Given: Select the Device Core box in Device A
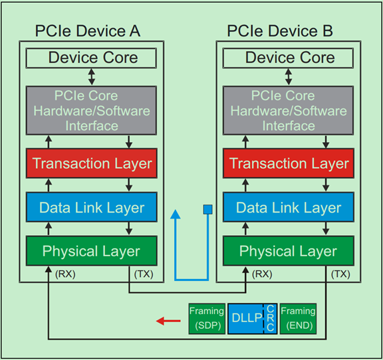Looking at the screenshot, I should (92, 58).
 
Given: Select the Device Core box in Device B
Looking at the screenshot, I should (289, 58).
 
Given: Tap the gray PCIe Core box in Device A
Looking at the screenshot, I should (92, 110).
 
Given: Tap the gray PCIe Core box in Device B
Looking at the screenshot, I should (289, 110).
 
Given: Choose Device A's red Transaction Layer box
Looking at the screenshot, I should (92, 163).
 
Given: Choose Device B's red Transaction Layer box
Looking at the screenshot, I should (289, 163).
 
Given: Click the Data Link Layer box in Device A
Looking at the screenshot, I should (92, 208).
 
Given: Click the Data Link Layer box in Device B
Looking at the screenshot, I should (289, 208).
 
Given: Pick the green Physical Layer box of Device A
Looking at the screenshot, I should (92, 251).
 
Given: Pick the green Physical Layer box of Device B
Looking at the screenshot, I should (289, 251).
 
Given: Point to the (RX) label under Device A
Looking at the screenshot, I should (66, 274).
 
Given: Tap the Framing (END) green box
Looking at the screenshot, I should (297, 318).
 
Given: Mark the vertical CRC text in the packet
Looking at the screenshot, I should (271, 319).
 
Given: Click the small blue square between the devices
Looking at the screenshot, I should (207, 211).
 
